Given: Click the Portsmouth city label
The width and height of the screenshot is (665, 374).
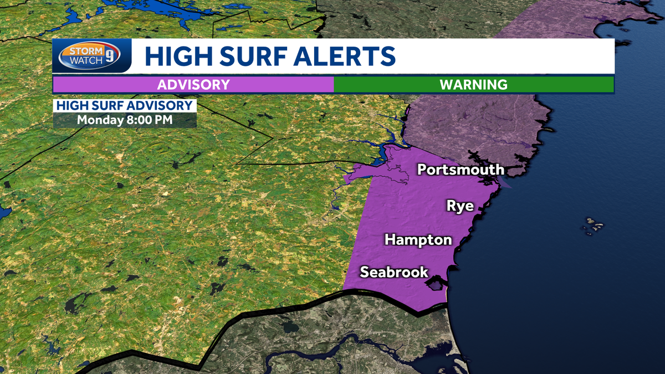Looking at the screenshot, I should click(461, 169).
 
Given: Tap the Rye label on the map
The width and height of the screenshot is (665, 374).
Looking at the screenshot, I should click(460, 206).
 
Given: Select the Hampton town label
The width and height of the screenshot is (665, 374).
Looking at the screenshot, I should click(418, 240).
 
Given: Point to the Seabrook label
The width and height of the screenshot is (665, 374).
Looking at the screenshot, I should click(394, 272).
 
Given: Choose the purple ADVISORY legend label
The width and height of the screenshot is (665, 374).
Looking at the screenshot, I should click(193, 85).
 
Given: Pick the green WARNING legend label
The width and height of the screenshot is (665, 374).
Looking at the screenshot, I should click(473, 85).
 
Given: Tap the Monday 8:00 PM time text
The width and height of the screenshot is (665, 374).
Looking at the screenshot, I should click(124, 120).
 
